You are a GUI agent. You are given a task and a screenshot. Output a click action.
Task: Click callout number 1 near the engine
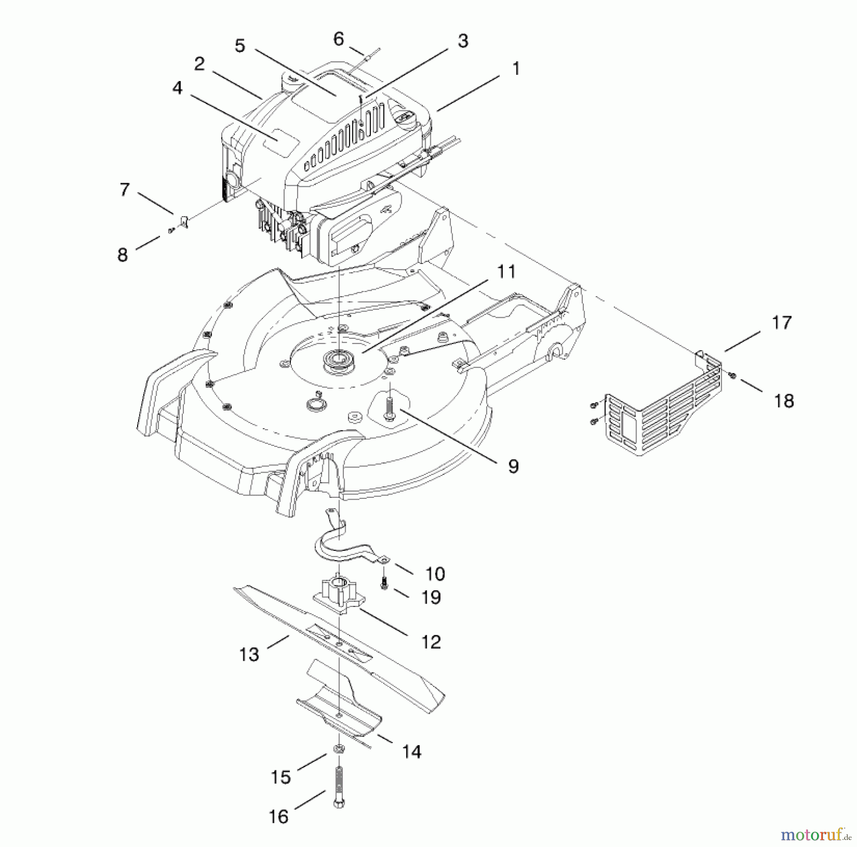click(x=516, y=69)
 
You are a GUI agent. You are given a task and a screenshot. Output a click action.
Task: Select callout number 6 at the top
click(x=339, y=39)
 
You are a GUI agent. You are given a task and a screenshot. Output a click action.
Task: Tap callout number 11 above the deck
click(x=506, y=272)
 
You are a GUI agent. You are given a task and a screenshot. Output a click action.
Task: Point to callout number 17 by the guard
click(x=781, y=323)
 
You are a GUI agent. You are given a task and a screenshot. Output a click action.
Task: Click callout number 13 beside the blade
click(x=249, y=655)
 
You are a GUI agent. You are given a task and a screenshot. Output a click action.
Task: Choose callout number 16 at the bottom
click(x=279, y=817)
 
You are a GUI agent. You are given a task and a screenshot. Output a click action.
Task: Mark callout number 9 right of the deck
click(x=513, y=466)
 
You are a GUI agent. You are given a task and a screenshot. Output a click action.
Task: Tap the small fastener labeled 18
click(x=733, y=376)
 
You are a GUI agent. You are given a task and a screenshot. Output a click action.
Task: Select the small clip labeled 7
click(x=185, y=221)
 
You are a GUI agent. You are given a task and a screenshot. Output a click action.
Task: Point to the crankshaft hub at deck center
click(x=338, y=357)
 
